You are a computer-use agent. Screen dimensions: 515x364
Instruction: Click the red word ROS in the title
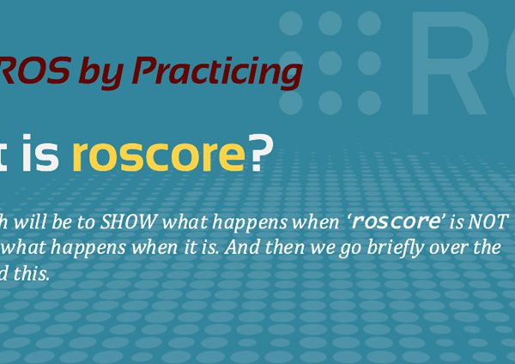34,70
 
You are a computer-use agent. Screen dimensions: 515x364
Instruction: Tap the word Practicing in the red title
217,73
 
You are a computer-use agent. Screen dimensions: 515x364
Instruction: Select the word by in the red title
100,73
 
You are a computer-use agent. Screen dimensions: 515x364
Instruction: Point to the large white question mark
261,153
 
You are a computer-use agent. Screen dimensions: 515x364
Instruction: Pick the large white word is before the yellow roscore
40,153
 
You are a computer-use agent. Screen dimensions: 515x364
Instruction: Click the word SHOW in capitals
128,222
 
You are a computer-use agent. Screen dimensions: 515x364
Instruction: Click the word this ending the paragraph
31,274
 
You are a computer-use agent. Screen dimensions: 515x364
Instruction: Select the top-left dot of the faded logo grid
291,23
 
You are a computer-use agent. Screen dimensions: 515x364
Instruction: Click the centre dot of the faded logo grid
330,63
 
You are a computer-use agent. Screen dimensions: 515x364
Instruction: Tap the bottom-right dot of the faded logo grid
369,103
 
